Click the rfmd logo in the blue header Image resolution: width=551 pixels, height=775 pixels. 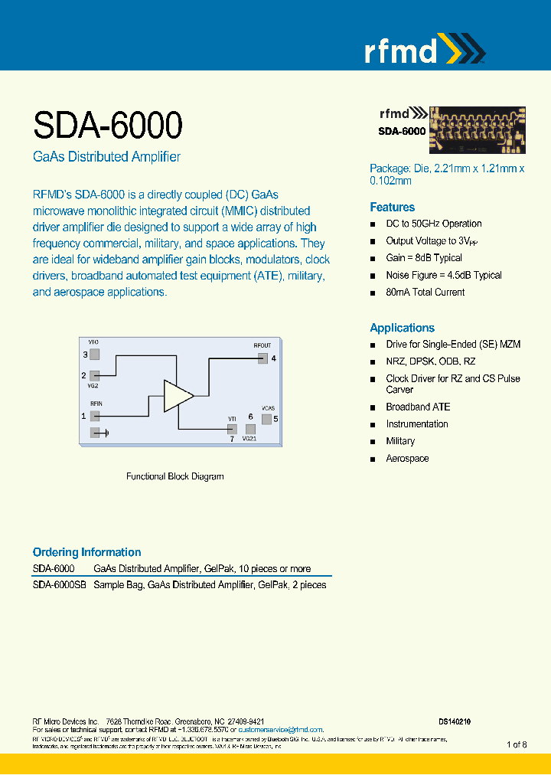(424, 51)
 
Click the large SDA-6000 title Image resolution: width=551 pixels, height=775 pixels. (107, 124)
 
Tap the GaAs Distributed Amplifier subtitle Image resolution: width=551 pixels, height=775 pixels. (106, 157)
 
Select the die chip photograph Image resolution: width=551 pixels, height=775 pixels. (477, 130)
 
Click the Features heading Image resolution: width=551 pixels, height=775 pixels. (392, 208)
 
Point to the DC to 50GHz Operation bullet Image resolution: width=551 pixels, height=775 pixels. (433, 224)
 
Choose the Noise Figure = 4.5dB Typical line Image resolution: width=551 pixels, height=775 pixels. (443, 275)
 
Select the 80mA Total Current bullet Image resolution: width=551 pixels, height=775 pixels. (425, 293)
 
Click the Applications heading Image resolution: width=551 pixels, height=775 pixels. (402, 328)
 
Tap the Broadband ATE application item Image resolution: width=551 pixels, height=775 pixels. (418, 407)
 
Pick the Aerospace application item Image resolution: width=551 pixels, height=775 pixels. (407, 459)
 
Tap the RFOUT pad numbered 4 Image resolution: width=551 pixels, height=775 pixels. (262, 358)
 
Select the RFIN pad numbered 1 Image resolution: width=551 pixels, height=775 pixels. (95, 416)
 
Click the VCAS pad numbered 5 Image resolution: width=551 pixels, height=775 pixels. (266, 419)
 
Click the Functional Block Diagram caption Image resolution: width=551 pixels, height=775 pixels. (174, 476)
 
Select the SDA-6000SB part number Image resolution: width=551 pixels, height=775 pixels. (59, 585)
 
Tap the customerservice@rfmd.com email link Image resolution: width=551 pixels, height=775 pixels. (281, 730)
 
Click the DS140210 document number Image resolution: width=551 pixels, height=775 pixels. (455, 721)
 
